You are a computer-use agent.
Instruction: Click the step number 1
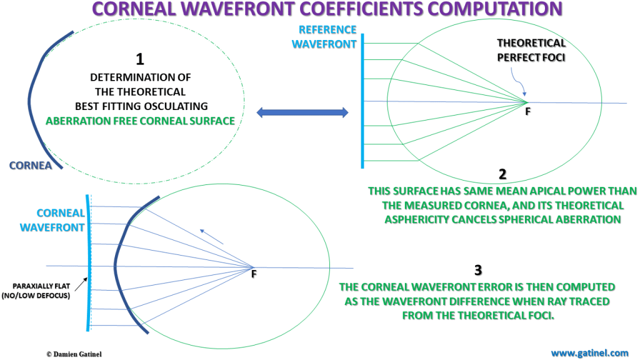140,59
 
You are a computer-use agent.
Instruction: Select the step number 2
502,175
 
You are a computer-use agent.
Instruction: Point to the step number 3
478,271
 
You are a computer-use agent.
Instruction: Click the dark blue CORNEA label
30,166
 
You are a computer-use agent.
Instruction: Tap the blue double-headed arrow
301,112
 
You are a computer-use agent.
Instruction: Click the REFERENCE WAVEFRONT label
327,37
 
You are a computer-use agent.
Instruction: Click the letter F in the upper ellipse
529,113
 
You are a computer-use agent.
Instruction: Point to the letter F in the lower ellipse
254,274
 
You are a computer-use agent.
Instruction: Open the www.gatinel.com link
589,352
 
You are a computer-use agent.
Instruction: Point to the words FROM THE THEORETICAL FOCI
478,316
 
